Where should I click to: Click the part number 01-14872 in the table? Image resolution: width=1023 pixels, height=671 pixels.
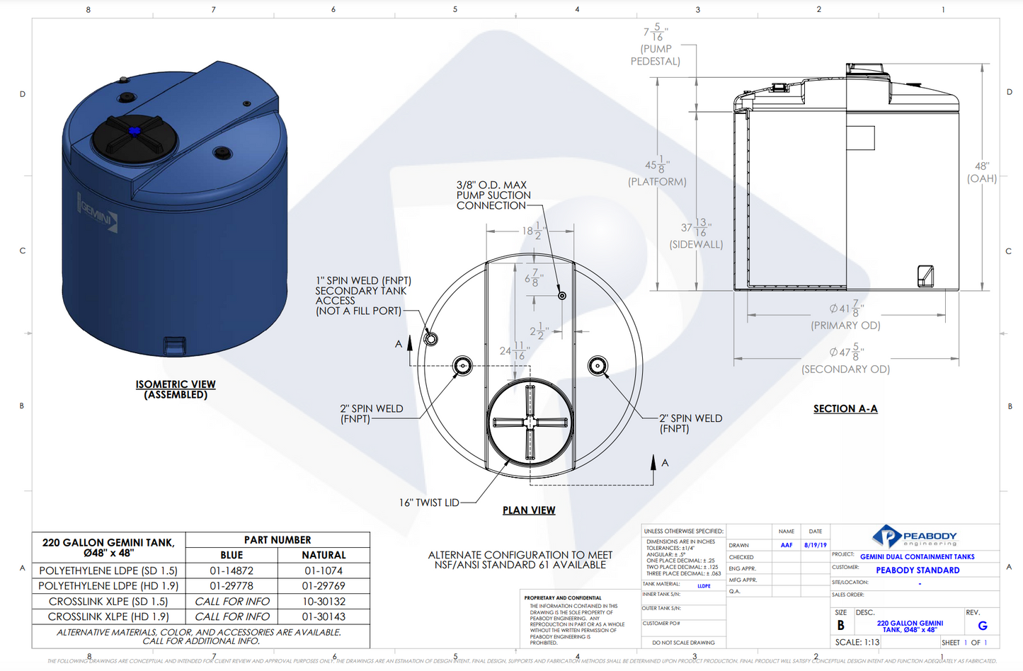(232, 570)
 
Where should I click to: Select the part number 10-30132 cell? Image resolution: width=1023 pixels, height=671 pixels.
(324, 601)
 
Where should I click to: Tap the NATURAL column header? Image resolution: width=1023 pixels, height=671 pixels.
(324, 555)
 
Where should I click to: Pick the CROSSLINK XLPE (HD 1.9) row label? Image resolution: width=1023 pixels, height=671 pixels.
(108, 616)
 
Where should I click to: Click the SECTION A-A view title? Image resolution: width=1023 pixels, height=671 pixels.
(845, 408)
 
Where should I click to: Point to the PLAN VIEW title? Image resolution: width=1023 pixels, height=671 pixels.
(529, 510)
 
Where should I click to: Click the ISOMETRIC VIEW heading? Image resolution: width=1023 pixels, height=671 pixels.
(176, 384)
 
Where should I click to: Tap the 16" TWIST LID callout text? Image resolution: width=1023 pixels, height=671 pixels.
(429, 503)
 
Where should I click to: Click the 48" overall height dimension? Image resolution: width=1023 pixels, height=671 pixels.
(982, 172)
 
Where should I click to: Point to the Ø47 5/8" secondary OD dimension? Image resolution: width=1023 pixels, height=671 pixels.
(847, 352)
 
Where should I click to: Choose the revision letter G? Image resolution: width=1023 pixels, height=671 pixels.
(982, 626)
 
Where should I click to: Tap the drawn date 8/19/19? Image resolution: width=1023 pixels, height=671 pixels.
(815, 545)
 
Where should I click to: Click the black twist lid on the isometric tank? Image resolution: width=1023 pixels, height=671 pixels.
(135, 137)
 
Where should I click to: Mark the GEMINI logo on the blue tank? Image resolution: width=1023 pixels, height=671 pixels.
(98, 211)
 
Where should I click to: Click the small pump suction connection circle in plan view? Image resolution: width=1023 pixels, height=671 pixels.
(562, 295)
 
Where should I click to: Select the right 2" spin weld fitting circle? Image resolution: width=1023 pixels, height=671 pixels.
(598, 366)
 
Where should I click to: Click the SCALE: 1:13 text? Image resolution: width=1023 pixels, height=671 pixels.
(857, 642)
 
